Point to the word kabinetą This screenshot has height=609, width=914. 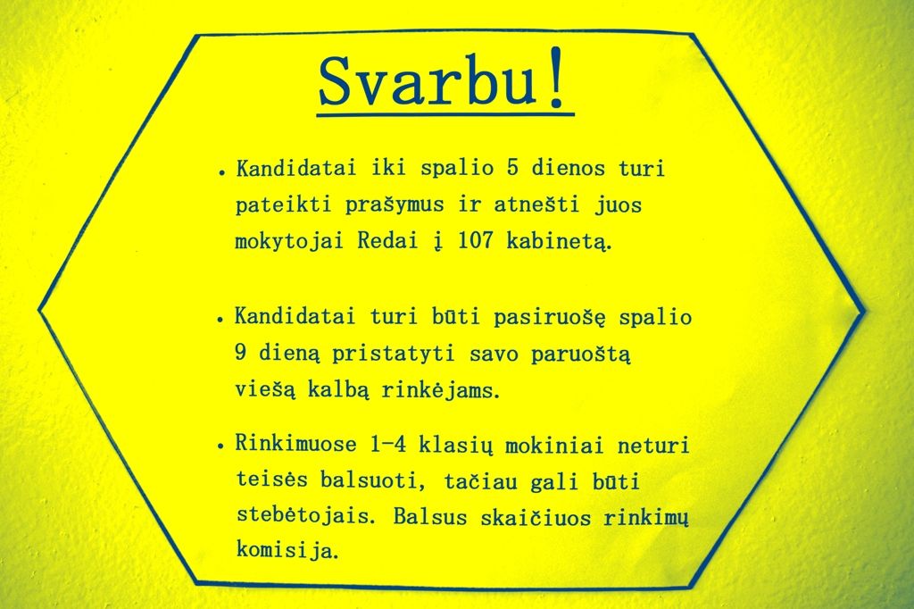[559, 242]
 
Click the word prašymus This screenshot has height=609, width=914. [394, 206]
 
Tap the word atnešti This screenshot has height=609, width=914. [536, 204]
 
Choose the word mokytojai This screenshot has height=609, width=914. [289, 242]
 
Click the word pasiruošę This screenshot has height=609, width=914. [549, 318]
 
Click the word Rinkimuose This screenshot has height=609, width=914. [295, 445]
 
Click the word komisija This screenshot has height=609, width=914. [287, 550]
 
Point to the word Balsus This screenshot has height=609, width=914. [430, 517]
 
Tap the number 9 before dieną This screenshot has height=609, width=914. [240, 354]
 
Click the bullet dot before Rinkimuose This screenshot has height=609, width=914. [221, 447]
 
